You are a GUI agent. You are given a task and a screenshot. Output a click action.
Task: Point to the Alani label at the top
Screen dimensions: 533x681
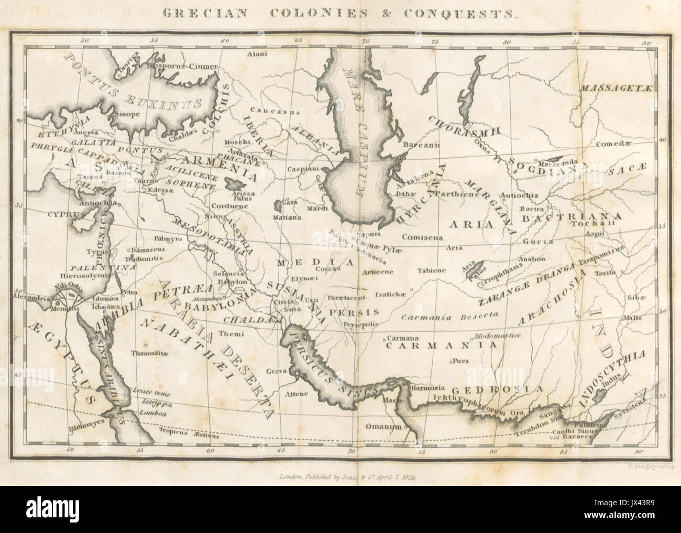258,54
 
